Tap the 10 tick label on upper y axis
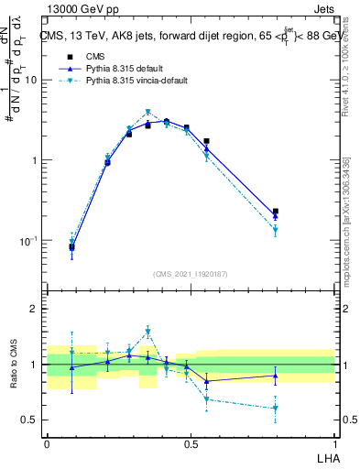31,80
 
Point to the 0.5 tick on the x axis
191,442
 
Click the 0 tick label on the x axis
47,442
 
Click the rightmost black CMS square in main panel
275,212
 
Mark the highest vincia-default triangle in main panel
147,113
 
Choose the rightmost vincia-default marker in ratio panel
275,409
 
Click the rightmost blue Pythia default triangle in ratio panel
275,376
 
